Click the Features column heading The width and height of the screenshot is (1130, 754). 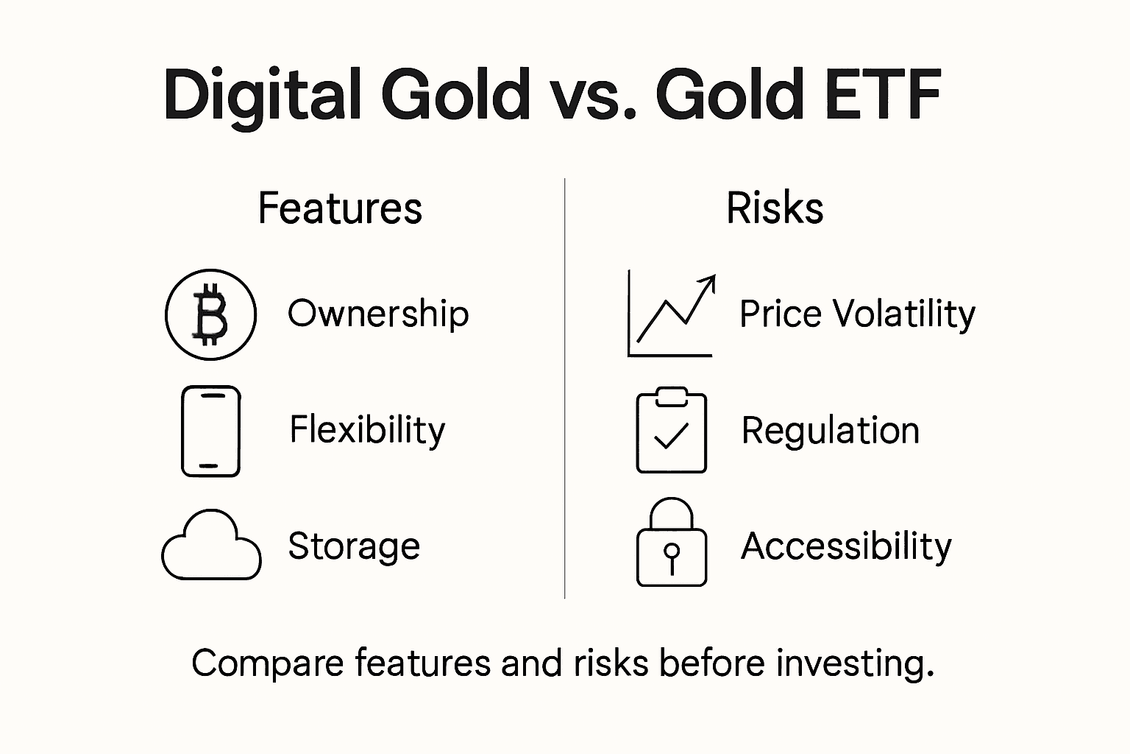pos(340,208)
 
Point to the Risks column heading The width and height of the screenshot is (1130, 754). pos(774,208)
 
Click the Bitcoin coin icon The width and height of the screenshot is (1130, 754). pos(210,314)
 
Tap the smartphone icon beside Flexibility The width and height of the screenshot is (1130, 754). pos(210,431)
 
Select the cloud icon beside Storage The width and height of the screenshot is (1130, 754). pos(211,546)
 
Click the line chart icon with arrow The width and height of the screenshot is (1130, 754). pos(671,315)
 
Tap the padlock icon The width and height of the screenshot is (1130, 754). pos(671,545)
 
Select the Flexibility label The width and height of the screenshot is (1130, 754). pos(367,430)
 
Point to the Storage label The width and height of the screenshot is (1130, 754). pos(354,546)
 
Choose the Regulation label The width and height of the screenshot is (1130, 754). pos(830,431)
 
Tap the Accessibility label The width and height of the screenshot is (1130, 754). pos(846,546)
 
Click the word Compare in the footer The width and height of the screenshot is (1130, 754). pos(268,663)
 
